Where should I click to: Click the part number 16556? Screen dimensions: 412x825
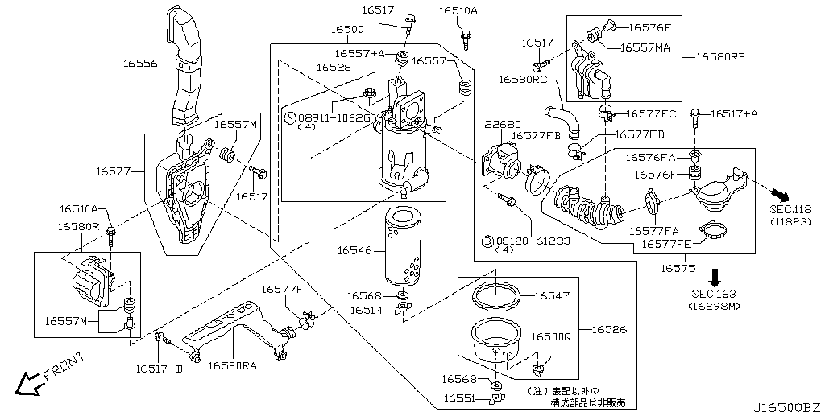[x=142, y=62]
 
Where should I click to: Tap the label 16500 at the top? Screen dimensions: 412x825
[x=346, y=29]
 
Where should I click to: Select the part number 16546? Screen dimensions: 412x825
[x=354, y=251]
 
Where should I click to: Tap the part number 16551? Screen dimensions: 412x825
[x=460, y=398]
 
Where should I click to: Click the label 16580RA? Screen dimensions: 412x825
[x=233, y=365]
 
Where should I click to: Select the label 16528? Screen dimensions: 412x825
[x=333, y=68]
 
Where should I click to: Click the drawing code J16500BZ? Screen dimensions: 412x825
[x=787, y=406]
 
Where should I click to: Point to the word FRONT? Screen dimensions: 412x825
[x=63, y=366]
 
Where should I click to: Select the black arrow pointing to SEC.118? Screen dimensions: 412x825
[x=778, y=195]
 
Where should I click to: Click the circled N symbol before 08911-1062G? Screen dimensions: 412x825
[x=290, y=117]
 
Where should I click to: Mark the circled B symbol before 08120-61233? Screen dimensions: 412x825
[x=487, y=241]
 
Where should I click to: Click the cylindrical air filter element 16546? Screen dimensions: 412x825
[x=403, y=248]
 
